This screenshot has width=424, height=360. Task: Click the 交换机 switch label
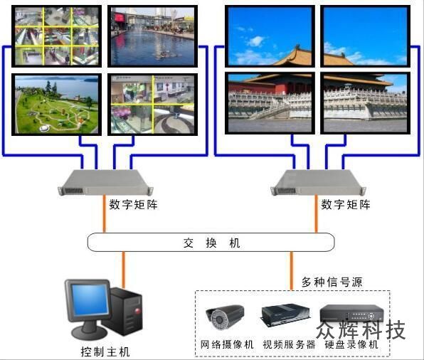click(211, 243)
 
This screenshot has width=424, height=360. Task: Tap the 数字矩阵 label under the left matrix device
click(133, 204)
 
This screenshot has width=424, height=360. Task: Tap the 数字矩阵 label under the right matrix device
click(346, 204)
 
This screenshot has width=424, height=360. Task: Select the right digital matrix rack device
click(318, 182)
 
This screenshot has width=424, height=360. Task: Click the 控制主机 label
click(105, 352)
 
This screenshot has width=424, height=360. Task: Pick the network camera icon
click(225, 317)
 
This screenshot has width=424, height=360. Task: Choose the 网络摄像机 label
click(227, 344)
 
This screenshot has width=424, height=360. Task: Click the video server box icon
click(285, 315)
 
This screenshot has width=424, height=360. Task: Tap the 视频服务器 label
click(289, 344)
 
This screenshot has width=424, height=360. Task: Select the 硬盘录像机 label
click(351, 344)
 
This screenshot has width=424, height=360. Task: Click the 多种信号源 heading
click(332, 282)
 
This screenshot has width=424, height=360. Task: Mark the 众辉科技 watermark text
click(361, 329)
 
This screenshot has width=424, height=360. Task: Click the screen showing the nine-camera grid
click(56, 36)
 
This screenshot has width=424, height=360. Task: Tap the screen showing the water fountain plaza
click(152, 36)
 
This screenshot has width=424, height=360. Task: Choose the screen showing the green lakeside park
click(56, 105)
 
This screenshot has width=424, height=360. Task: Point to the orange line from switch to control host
click(124, 270)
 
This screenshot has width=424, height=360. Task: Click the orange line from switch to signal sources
click(292, 271)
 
